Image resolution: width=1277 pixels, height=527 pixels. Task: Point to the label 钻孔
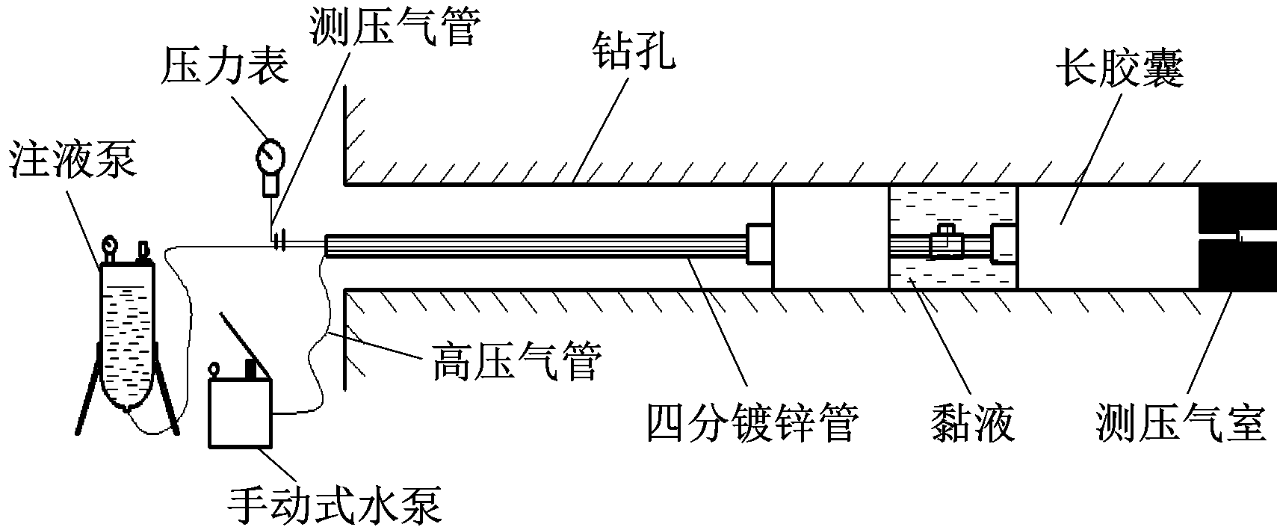(x=633, y=52)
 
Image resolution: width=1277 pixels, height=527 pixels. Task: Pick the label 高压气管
(x=516, y=363)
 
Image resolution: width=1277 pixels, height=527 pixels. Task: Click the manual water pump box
(x=241, y=413)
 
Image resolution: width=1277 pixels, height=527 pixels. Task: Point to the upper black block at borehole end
(x=1237, y=206)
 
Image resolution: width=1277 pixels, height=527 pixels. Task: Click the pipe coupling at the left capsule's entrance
(x=759, y=242)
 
